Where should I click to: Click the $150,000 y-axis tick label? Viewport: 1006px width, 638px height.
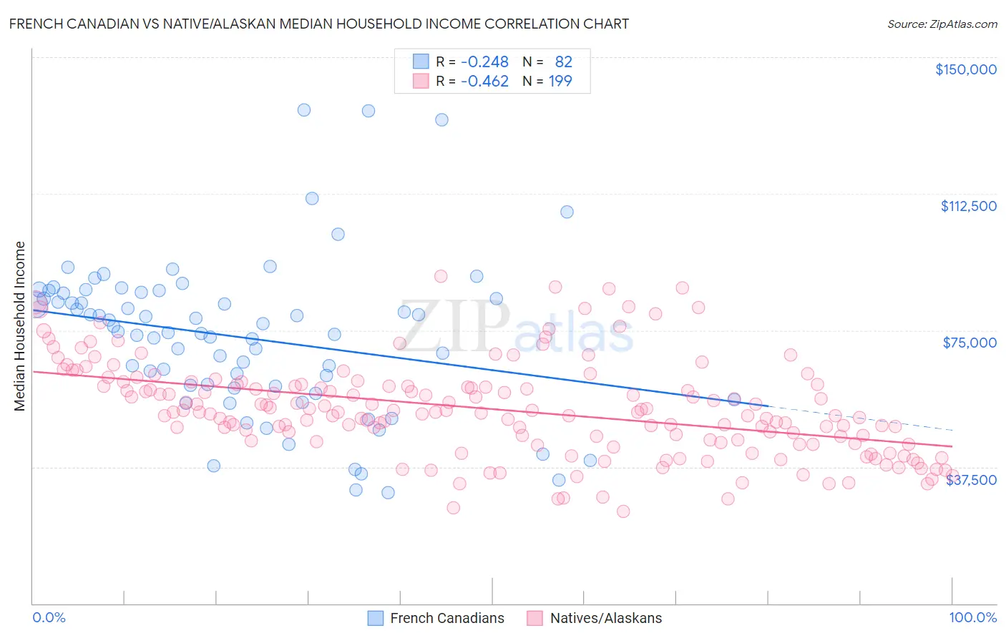point(965,69)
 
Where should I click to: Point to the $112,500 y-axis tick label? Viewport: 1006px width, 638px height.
point(968,206)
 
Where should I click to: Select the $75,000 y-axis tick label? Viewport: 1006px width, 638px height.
point(970,343)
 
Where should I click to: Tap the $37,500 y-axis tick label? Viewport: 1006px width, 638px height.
point(971,480)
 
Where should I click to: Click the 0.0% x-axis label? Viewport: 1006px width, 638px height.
point(49,617)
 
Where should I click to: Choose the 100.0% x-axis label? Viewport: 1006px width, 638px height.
point(972,617)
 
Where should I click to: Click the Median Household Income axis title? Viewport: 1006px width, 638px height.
point(20,326)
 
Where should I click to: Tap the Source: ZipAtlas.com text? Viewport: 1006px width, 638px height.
point(942,24)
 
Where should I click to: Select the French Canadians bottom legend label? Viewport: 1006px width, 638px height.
point(446,618)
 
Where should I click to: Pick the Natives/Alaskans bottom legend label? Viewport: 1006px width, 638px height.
point(605,618)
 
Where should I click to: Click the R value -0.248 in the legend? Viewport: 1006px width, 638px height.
point(484,62)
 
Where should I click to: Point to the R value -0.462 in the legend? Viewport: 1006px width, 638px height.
point(484,81)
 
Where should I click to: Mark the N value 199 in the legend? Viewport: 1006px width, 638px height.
point(560,81)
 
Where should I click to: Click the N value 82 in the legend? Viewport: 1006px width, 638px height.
point(564,62)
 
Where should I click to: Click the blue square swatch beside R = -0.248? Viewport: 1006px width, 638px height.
point(421,62)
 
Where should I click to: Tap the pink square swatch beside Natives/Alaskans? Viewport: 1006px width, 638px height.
point(534,618)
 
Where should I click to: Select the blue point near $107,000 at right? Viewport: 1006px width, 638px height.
point(567,212)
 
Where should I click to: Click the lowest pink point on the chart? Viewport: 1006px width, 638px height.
point(623,511)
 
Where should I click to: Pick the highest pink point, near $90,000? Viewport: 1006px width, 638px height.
point(441,276)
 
